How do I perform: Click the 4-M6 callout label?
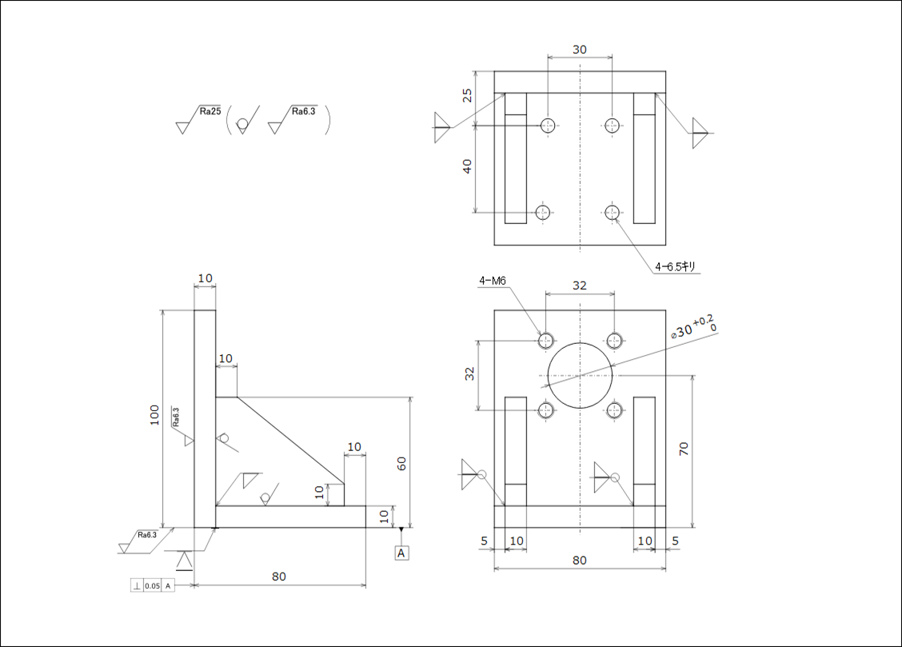(492, 281)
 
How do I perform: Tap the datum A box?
(401, 553)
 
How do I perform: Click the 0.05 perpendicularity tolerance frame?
(152, 586)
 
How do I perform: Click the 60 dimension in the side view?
(401, 463)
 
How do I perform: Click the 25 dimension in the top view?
(468, 96)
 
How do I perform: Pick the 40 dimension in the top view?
(468, 166)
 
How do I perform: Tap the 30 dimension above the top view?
(580, 50)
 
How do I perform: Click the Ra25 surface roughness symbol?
(200, 118)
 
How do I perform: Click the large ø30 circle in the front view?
(580, 375)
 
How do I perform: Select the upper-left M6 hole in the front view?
(546, 341)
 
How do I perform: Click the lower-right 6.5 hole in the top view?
(613, 212)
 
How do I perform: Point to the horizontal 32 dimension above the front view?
(580, 286)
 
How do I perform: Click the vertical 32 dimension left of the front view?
(470, 374)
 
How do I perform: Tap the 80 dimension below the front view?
(580, 560)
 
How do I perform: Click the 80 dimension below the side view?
(278, 577)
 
